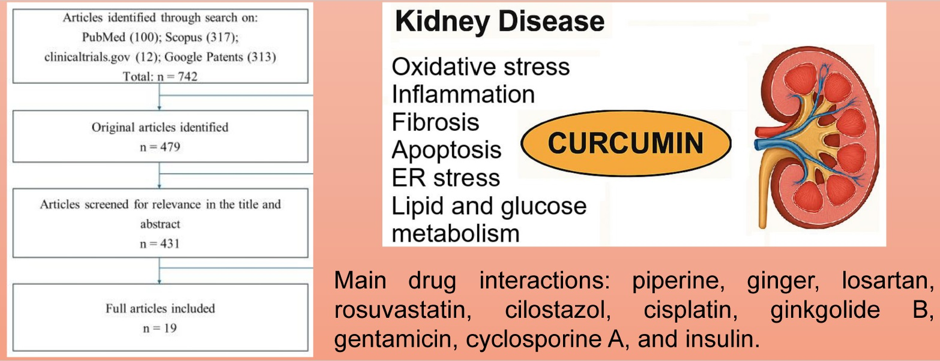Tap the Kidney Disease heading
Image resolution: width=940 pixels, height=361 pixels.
499,22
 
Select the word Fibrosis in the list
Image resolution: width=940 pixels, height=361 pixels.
435,122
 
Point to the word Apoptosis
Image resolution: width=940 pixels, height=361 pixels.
446,150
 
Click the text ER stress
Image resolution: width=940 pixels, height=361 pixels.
445,178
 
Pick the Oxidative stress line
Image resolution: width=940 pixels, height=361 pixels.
480,67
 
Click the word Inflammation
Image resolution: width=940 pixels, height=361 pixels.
463,94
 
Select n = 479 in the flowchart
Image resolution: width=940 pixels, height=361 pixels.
160,145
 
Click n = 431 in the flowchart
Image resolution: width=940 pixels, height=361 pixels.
160,243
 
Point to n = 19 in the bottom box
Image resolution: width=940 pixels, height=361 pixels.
160,328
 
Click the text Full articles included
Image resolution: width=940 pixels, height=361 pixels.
160,309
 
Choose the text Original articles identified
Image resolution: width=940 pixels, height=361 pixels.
160,127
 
